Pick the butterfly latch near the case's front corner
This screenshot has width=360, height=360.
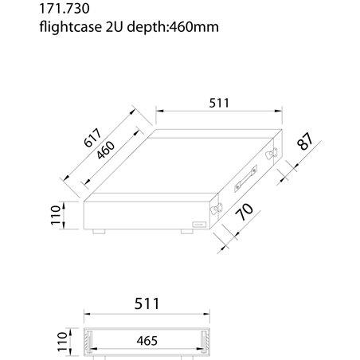(215, 206)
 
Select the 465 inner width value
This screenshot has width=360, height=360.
(146, 340)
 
